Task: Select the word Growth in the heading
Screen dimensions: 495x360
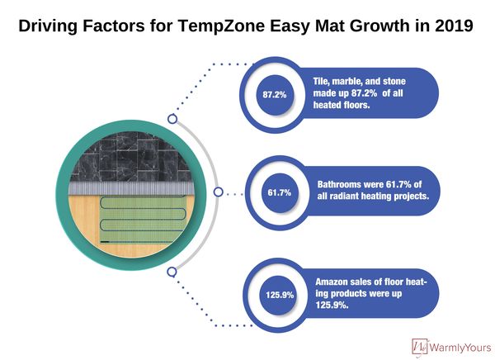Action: pos(379,26)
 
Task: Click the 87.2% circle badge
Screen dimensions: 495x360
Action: pos(275,94)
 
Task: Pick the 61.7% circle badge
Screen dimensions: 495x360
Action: pos(280,192)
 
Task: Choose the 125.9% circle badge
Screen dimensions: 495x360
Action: pos(280,295)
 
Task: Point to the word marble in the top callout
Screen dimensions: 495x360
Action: pos(346,82)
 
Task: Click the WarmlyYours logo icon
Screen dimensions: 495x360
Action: pos(420,347)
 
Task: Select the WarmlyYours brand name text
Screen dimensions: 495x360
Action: pos(460,348)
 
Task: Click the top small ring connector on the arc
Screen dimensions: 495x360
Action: pos(172,119)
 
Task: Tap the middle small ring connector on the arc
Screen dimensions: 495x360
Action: pos(218,192)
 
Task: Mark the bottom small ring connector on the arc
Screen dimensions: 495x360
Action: pos(172,272)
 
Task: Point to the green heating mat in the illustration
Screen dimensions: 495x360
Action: pos(142,220)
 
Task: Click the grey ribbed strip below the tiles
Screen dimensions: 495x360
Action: pos(130,189)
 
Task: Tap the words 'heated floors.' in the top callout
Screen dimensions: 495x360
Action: pos(342,105)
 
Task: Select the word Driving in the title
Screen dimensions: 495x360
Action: pos(48,26)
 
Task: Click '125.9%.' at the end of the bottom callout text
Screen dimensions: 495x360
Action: pos(332,305)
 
